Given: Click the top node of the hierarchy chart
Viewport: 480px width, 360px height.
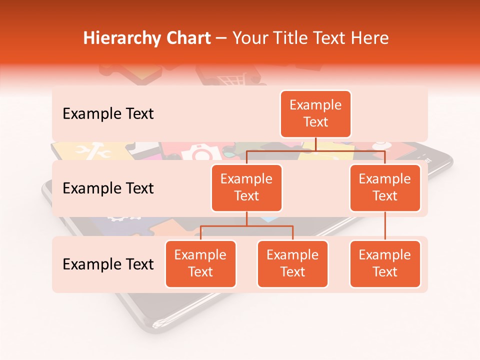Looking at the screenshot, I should tap(315, 113).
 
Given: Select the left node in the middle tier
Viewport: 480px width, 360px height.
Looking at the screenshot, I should tap(246, 187).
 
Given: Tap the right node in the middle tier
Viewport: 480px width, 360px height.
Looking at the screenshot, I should tap(385, 187).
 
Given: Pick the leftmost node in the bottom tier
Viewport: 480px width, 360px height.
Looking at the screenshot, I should tap(200, 263).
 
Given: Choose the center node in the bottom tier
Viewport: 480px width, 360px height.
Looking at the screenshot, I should tap(292, 263).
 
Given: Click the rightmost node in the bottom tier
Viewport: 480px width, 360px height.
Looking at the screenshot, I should tap(385, 263).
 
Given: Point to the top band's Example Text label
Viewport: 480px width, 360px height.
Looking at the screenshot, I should tap(108, 113).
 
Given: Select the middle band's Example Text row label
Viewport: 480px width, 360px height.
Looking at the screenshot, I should tap(108, 188).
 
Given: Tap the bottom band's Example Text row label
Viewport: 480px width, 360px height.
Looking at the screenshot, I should tap(108, 264).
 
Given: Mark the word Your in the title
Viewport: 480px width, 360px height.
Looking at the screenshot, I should tap(250, 38).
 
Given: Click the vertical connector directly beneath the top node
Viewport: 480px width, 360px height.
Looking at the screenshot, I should tap(315, 144).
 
